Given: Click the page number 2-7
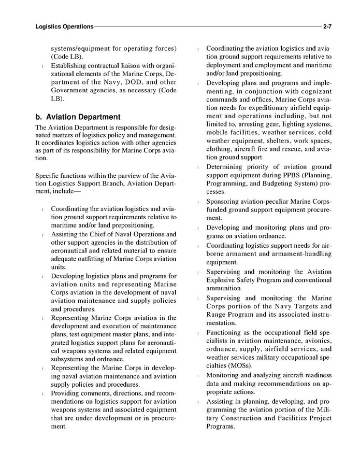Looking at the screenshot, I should (327, 26).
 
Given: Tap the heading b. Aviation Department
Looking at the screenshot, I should (77, 117).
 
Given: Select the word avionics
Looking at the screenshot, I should (315, 341).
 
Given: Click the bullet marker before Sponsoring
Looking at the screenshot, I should (199, 202).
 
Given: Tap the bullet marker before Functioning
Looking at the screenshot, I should (199, 332).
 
